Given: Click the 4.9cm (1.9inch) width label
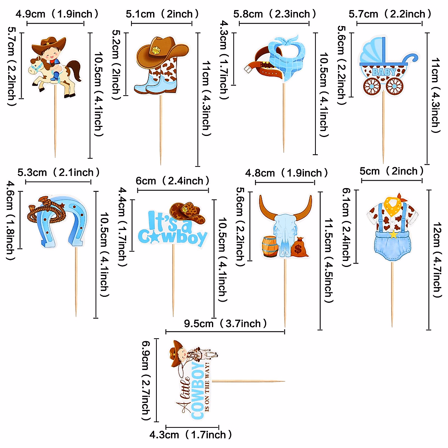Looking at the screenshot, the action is pyautogui.click(x=57, y=14).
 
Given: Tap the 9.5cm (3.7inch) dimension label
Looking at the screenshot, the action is pyautogui.click(x=225, y=323).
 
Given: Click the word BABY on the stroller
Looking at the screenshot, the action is pyautogui.click(x=383, y=72).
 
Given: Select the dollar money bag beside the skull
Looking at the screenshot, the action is pyautogui.click(x=299, y=248).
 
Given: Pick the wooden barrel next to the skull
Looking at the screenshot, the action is pyautogui.click(x=270, y=247).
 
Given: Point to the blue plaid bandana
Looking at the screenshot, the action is pyautogui.click(x=288, y=56).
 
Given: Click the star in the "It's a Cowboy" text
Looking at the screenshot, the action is pyautogui.click(x=153, y=236).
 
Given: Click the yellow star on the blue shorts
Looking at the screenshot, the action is pyautogui.click(x=393, y=235).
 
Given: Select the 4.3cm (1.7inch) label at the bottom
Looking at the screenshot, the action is pyautogui.click(x=191, y=435).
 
